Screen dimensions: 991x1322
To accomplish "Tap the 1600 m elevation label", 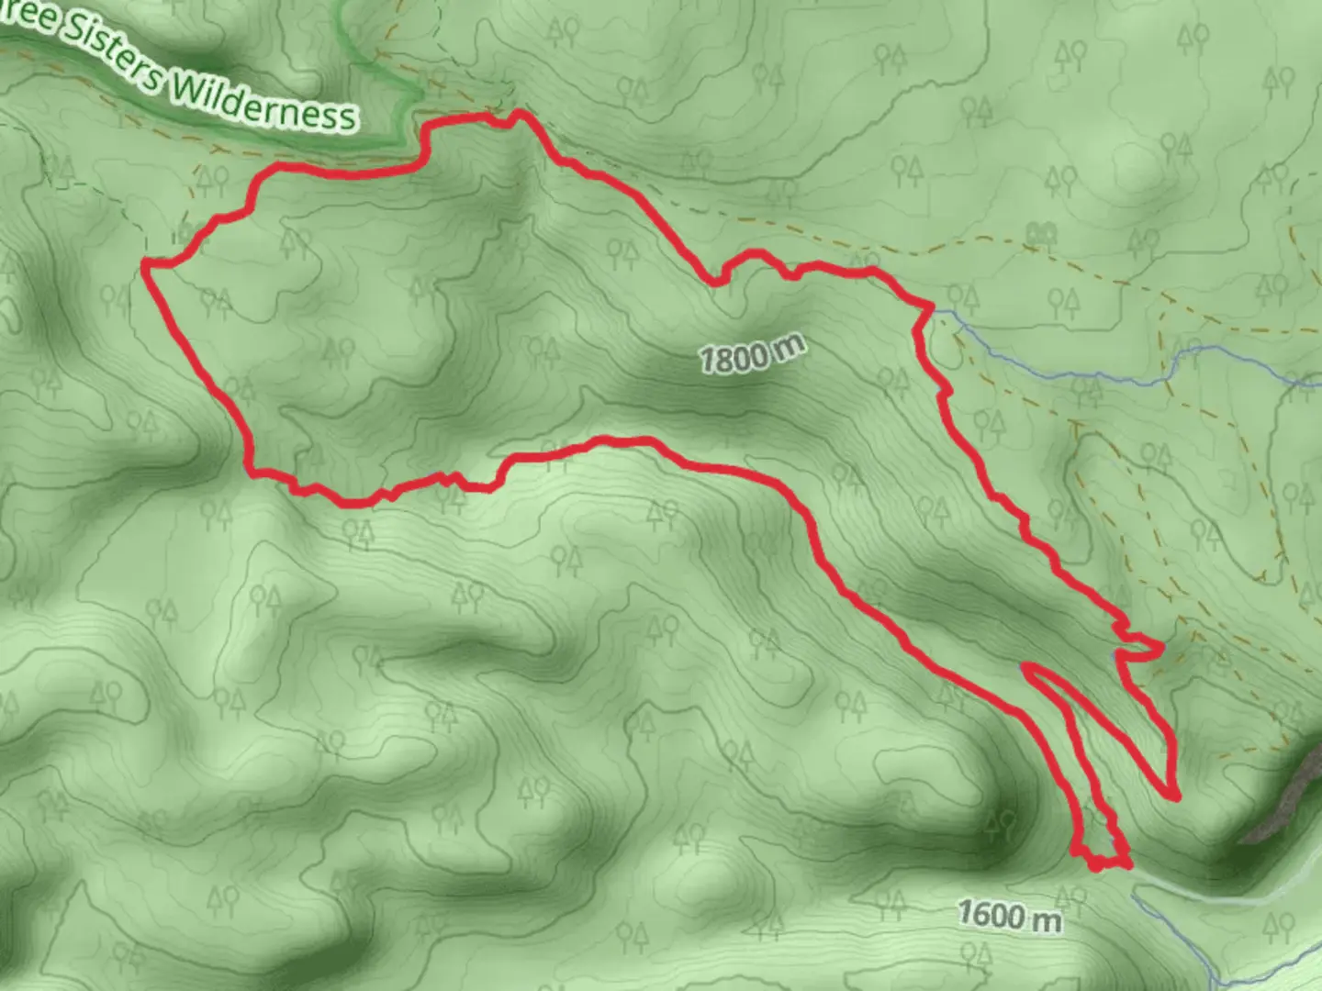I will (x=1009, y=915).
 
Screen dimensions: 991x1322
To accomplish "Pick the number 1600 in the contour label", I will (x=991, y=913).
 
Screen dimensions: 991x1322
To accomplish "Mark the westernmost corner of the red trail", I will (x=145, y=264).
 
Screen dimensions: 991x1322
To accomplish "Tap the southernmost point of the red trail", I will (x=1096, y=865).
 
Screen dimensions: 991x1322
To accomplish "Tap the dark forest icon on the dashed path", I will (x=1040, y=235).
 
